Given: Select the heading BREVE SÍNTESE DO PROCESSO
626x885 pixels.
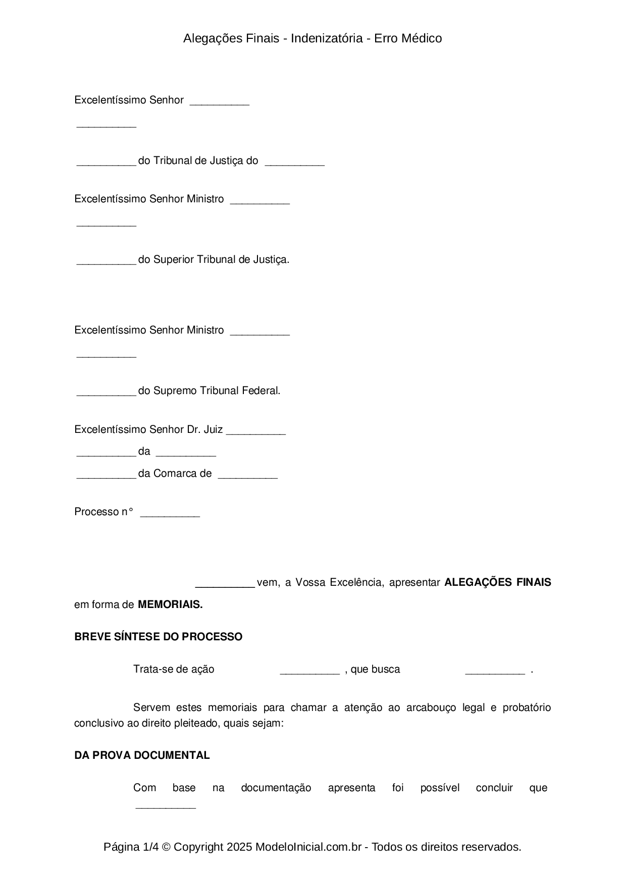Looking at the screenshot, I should pos(158,637).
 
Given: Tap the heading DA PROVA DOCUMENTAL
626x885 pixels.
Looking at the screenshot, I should pos(142,755).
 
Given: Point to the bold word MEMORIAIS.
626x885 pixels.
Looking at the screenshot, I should pos(170,604).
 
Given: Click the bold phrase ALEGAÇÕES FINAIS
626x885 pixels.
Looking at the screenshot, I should pos(497,582).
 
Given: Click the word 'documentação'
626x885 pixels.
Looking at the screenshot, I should pos(276,788).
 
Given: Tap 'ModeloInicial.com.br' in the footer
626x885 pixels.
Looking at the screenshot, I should pos(308,847).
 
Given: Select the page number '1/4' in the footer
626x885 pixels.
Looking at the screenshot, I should pos(150,847).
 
